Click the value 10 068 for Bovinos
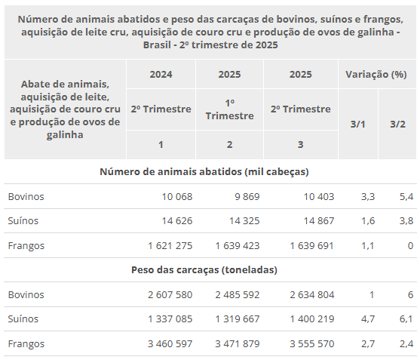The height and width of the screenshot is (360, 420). [177, 197]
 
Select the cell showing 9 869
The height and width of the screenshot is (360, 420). [247, 197]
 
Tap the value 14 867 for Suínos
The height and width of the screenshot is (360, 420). [319, 221]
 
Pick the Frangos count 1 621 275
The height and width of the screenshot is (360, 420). [170, 246]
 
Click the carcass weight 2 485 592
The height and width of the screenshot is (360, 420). [238, 295]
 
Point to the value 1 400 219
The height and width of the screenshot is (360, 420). [312, 319]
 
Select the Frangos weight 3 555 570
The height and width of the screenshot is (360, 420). [312, 344]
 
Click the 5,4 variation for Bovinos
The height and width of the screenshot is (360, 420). [406, 197]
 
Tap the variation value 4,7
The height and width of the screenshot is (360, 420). [368, 319]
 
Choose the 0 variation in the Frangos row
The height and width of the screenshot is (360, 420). [410, 246]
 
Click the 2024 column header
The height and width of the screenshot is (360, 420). [161, 74]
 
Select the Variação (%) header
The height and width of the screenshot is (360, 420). [376, 74]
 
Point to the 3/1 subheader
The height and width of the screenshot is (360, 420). [358, 124]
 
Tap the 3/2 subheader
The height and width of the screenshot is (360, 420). [397, 124]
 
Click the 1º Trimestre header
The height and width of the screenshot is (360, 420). [229, 109]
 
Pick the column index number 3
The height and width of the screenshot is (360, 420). [301, 145]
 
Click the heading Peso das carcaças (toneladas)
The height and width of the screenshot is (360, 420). [204, 270]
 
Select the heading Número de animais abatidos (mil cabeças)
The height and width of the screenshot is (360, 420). [204, 172]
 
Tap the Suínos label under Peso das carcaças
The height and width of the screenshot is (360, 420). [23, 319]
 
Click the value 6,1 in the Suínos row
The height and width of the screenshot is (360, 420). [406, 319]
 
